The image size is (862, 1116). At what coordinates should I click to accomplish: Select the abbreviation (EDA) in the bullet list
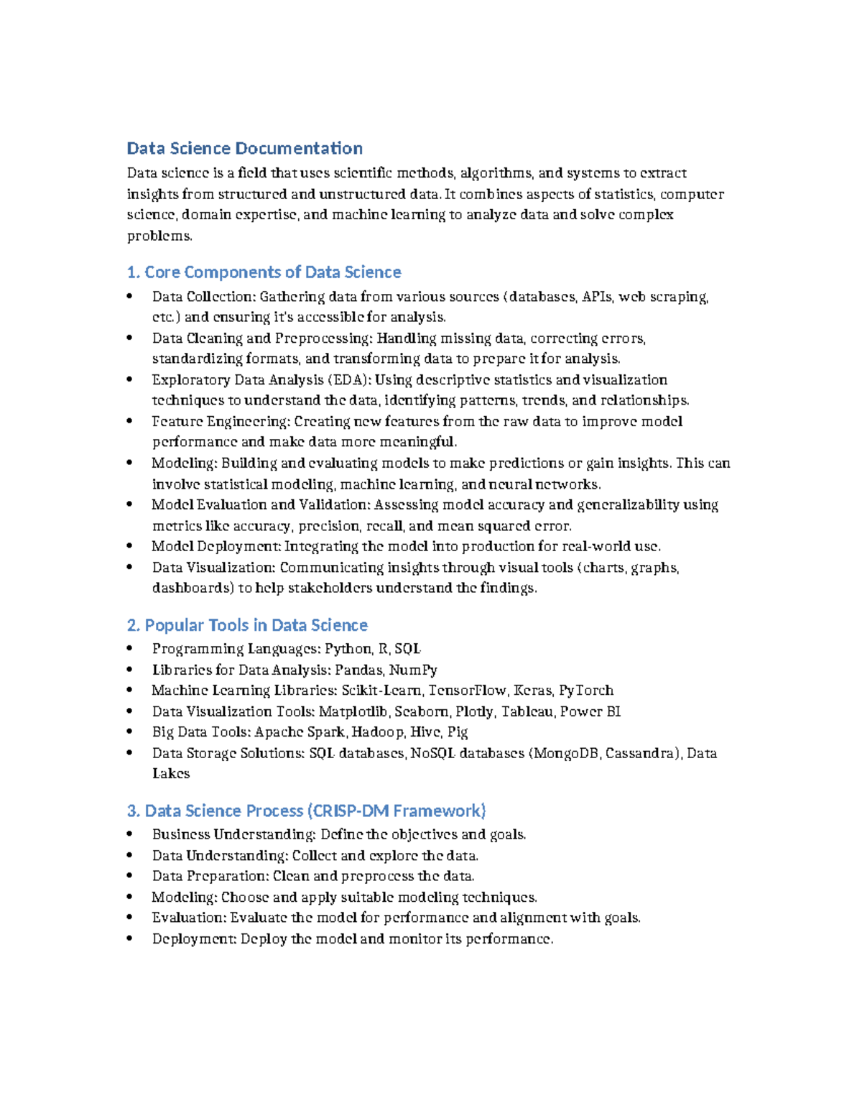pos(348,380)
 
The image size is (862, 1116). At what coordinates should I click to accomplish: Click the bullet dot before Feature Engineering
pos(129,422)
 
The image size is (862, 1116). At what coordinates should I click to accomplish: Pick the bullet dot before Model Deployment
pos(129,547)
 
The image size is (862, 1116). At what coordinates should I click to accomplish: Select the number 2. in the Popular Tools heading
pos(134,625)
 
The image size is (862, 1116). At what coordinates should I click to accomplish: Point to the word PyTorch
pos(586,691)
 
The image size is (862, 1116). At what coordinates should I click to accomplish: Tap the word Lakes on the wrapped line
pos(171,774)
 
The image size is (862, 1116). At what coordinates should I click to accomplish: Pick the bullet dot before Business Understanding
pos(129,835)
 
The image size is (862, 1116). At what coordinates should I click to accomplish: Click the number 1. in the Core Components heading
pos(133,272)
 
